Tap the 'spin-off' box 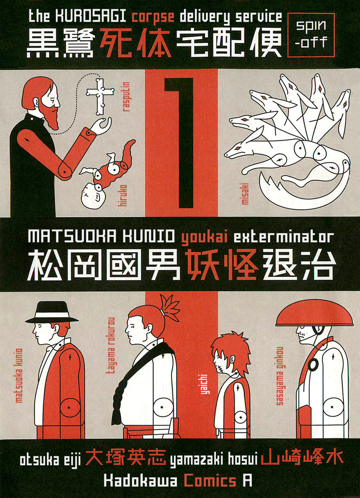pos(311,35)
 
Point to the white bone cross pos(100,96)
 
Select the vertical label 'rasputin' pos(127,97)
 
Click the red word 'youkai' pos(205,238)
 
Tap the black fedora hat pos(52,312)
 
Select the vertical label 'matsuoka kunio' pos(19,376)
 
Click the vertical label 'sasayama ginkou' pos(280,376)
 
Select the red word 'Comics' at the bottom pos(210,481)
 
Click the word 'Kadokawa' pos(140,481)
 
